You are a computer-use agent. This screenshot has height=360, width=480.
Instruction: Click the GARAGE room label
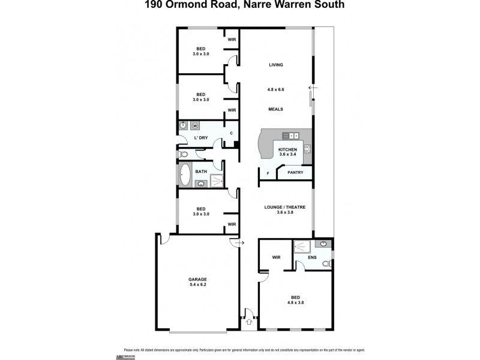tap(197, 280)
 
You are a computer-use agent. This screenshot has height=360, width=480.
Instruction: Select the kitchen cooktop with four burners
tap(307, 149)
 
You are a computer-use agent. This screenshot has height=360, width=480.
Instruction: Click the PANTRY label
tap(295, 173)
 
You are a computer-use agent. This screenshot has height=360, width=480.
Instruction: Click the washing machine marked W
tap(195, 126)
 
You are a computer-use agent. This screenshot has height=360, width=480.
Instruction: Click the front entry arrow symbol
tap(245, 321)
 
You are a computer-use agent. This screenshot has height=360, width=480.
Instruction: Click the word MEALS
tap(275, 109)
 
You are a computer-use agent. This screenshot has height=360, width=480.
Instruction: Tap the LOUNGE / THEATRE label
tap(285, 207)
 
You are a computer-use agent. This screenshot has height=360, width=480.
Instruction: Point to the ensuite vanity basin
tap(324, 244)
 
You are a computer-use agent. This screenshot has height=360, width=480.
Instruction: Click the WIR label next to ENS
tap(276, 257)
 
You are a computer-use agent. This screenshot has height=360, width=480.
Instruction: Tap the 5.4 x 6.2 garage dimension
tap(197, 286)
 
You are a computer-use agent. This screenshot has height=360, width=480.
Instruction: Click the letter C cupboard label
tap(231, 133)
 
